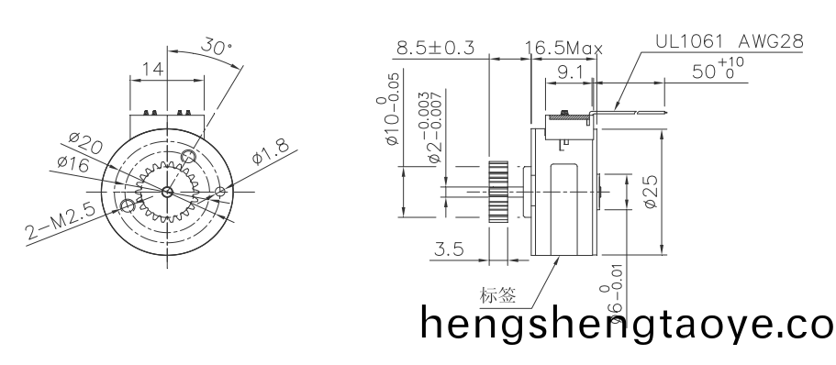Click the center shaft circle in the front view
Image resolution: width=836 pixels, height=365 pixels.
pos(166,192)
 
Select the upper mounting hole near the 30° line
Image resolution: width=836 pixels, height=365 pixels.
pos(189,156)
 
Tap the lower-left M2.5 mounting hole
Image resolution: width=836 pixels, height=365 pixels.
pos(128,206)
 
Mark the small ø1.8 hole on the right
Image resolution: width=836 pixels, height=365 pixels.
pos(220,192)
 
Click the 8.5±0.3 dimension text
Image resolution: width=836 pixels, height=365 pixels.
pos(434,48)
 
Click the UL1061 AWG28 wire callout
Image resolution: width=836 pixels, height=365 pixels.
pos(730,42)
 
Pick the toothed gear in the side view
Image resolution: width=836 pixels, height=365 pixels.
pos(498,192)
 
